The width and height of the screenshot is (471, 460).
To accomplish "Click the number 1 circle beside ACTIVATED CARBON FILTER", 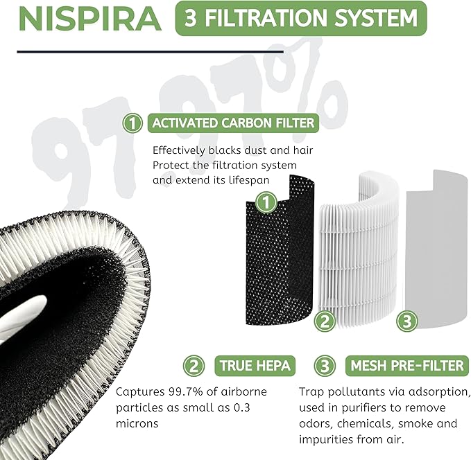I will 131,123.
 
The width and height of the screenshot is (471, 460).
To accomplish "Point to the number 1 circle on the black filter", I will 264,203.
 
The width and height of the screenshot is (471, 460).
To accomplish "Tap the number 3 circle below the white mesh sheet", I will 406,321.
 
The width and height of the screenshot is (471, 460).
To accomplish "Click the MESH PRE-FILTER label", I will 407,366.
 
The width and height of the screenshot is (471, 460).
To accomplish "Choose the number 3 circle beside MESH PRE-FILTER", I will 323,366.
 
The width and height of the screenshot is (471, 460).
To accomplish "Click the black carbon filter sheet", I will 281,256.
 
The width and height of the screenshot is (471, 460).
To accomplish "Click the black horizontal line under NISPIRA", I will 150,51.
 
